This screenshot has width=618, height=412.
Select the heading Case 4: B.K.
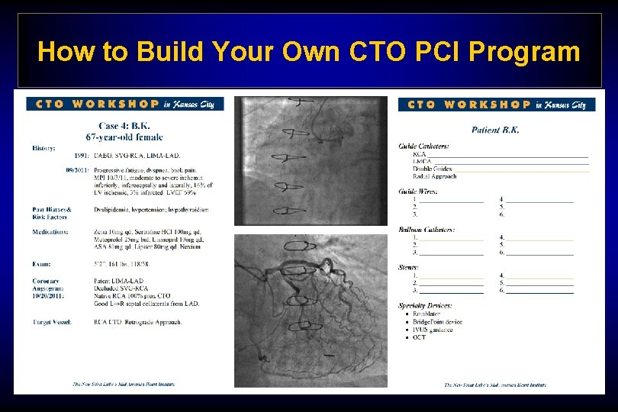pyautogui.click(x=124, y=126)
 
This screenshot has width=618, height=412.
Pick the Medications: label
pyautogui.click(x=50, y=231)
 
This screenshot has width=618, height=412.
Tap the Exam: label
pyautogui.click(x=41, y=263)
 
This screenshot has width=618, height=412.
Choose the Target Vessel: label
pyautogui.click(x=52, y=322)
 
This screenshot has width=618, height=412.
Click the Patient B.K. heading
pyautogui.click(x=495, y=130)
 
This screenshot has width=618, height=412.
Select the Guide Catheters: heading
pyautogui.click(x=423, y=146)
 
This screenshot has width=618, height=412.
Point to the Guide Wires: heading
pyautogui.click(x=418, y=192)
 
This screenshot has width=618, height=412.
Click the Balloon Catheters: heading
pyautogui.click(x=426, y=229)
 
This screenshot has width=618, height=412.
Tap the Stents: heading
pyautogui.click(x=408, y=267)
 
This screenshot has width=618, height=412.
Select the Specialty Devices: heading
pyautogui.click(x=425, y=305)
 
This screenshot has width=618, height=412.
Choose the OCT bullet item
pyautogui.click(x=420, y=336)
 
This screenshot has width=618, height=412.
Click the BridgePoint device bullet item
pyautogui.click(x=437, y=321)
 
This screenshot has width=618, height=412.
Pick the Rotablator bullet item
pyautogui.click(x=426, y=314)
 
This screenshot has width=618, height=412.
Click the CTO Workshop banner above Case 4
pyautogui.click(x=124, y=104)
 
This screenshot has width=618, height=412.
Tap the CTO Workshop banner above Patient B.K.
pyautogui.click(x=497, y=105)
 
